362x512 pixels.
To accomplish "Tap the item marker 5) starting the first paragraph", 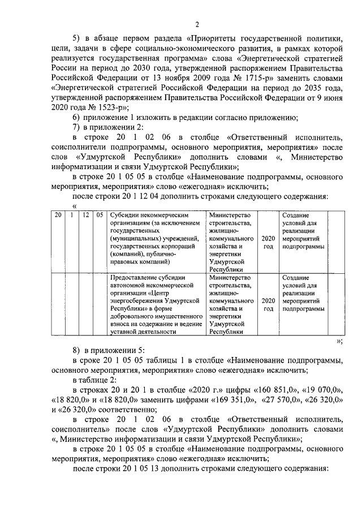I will tap(78, 37).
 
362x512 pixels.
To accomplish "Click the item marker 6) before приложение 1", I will tap(78, 118).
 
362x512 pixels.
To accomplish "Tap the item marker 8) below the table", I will tap(78, 351).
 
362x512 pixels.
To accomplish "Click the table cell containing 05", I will tap(100, 216).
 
